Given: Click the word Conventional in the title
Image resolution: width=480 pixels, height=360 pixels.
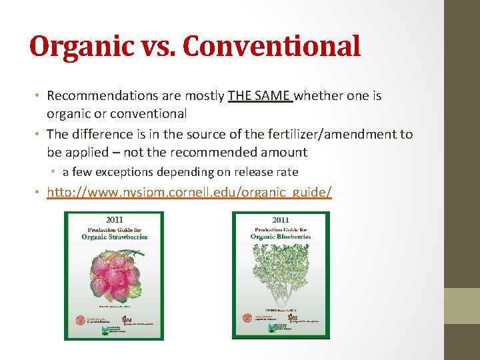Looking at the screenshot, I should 272,47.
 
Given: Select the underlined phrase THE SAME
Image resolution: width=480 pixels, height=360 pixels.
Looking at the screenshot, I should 259,96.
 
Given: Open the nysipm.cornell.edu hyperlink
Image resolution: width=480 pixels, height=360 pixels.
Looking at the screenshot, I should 189,193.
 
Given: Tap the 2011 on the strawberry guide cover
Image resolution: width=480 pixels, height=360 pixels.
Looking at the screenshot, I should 113,219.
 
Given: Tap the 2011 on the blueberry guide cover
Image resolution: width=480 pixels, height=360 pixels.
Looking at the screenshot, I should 281,219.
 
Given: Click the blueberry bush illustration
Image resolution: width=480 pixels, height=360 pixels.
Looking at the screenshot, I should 281,273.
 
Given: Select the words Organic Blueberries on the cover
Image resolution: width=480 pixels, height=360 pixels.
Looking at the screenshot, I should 281,236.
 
